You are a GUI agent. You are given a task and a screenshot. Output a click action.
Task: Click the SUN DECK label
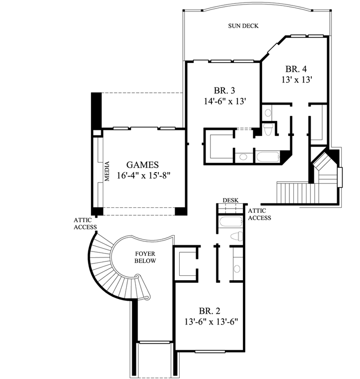tap(243, 26)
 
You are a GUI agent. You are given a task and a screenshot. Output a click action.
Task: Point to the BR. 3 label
tap(224, 91)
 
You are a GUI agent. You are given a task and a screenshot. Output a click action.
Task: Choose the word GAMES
tap(142, 165)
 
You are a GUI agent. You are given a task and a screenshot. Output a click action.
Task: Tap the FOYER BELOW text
tap(145, 257)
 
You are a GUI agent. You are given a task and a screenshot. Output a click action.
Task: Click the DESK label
tap(230, 200)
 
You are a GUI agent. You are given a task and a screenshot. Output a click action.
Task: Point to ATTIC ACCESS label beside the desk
tap(259, 214)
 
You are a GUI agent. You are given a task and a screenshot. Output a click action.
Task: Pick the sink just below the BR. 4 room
tap(268, 113)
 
